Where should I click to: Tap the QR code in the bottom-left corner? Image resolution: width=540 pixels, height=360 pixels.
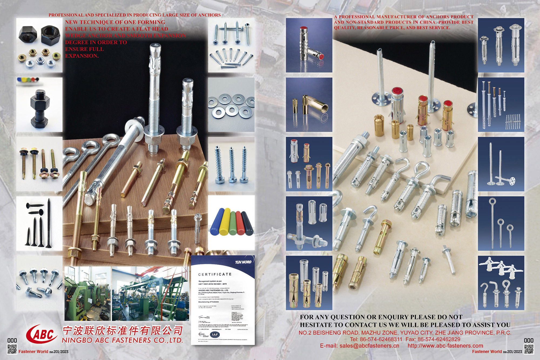point(12,349)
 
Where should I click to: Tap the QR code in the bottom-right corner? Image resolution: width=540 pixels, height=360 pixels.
point(529,349)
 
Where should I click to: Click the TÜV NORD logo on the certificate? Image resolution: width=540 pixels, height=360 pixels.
point(243,262)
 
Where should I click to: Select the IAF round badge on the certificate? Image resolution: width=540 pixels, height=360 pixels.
point(215,335)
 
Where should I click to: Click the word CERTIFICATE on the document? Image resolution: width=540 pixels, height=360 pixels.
point(215,274)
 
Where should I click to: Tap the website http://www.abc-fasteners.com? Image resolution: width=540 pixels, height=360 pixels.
point(445,346)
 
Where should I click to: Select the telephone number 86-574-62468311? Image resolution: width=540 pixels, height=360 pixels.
point(381,339)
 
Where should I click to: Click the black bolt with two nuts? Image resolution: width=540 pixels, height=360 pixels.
point(40,108)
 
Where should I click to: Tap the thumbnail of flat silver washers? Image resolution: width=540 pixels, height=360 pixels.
point(231,105)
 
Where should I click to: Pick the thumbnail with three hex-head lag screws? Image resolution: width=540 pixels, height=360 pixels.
point(231,165)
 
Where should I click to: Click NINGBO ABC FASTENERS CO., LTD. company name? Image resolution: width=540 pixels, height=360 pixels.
point(122,340)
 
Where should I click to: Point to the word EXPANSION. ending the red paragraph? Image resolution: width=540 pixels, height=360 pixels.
point(82,56)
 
